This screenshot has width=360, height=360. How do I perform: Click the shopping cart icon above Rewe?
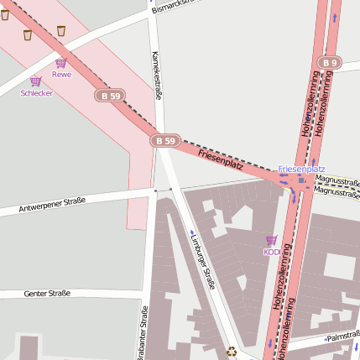tap(60, 63)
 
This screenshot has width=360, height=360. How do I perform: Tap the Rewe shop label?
tap(61, 74)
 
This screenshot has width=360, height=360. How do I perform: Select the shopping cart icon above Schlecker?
tap(35, 81)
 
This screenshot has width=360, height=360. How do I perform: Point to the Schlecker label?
tap(37, 93)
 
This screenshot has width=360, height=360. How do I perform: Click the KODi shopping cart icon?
tap(271, 241)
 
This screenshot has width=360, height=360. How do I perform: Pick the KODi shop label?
tap(271, 252)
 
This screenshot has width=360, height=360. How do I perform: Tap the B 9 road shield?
tap(329, 63)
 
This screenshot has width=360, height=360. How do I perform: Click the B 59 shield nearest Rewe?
tap(110, 96)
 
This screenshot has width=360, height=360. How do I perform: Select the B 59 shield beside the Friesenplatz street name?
tap(166, 141)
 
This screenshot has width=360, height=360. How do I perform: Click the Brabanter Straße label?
tap(143, 332)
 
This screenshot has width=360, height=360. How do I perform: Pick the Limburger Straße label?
tap(202, 260)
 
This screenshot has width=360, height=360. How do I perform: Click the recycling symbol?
tap(232, 352)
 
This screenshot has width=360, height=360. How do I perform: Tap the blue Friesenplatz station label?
tap(301, 170)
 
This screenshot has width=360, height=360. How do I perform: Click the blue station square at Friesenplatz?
tap(301, 179)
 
